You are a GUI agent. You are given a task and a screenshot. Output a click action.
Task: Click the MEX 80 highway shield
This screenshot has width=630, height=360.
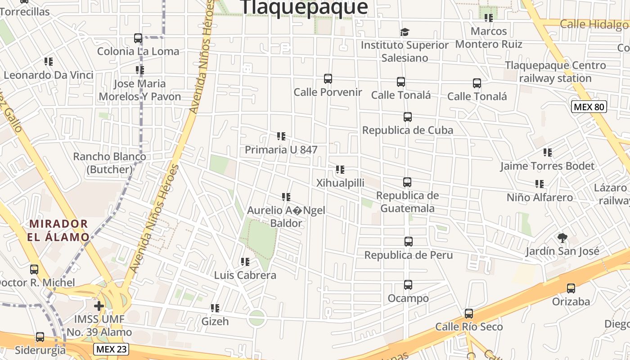point(589,107)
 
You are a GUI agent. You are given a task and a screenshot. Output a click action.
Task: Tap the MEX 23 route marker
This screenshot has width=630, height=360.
point(112,349)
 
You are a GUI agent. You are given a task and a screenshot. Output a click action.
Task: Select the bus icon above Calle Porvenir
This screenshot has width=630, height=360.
point(328,79)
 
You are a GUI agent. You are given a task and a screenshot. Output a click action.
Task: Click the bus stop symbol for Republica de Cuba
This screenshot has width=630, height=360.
point(408,117)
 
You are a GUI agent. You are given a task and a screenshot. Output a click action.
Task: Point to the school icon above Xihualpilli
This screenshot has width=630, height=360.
point(340,170)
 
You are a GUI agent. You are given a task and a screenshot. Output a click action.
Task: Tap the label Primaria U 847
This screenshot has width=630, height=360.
point(281,150)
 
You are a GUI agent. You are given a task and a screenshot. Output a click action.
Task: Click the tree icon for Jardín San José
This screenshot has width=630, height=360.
point(562,238)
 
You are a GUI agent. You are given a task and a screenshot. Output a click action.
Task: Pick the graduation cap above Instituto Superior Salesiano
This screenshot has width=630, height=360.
point(405,32)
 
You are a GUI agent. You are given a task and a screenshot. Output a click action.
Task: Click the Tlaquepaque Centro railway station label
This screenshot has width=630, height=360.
point(555,72)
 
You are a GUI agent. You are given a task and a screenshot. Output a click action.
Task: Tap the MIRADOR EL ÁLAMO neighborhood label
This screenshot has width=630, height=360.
point(58,230)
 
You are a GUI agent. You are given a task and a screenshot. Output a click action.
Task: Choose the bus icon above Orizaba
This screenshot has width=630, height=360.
point(571,288)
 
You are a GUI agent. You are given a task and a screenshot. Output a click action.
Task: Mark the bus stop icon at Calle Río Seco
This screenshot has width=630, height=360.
point(469,314)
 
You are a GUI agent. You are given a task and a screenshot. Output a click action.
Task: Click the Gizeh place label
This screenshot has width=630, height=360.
point(215,321)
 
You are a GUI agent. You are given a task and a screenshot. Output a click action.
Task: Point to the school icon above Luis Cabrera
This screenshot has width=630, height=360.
point(245,261)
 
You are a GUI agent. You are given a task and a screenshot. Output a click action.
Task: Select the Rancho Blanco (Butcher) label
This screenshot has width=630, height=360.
point(109,163)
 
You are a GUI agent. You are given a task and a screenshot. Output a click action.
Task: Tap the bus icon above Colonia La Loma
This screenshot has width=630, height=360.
point(138,38)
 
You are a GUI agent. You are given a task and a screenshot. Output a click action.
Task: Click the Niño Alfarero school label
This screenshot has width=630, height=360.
point(540,197)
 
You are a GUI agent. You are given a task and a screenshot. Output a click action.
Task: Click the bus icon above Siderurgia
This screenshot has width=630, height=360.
point(40,337)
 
